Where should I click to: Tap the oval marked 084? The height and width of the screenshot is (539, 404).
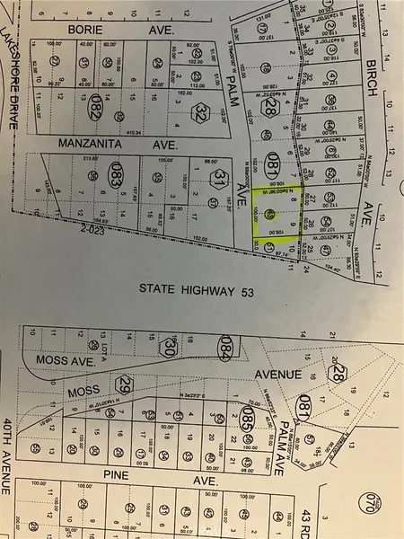tap(226, 345)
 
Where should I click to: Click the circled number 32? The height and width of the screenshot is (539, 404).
tap(201, 114)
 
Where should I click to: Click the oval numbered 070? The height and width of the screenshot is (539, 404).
tap(391, 494)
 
